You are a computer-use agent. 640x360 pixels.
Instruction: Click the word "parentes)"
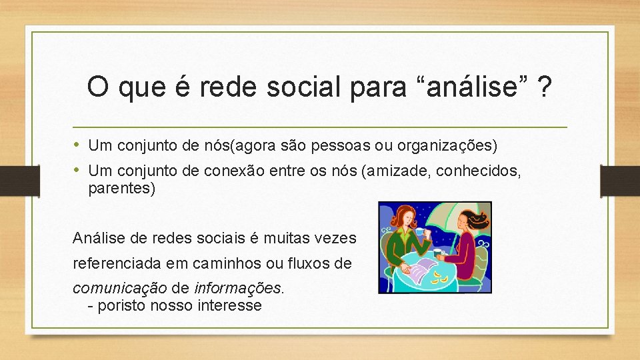(121, 189)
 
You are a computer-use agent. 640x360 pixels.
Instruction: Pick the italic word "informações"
(238, 288)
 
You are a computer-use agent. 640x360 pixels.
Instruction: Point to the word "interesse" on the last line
(229, 306)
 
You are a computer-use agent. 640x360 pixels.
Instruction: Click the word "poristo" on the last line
(122, 306)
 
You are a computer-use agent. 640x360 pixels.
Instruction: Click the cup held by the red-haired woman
(421, 234)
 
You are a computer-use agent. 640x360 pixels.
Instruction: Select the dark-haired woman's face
(465, 221)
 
